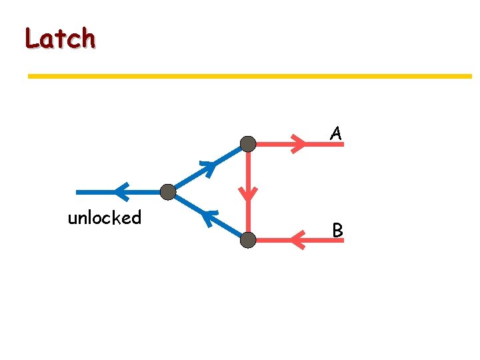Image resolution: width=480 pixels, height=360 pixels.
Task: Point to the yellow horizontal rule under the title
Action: (x=249, y=77)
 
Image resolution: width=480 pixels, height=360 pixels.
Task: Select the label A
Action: (x=337, y=134)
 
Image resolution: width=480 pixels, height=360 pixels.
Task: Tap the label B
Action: (x=337, y=231)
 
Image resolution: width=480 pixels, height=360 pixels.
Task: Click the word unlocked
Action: (x=105, y=218)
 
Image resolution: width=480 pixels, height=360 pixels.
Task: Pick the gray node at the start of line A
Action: (x=248, y=143)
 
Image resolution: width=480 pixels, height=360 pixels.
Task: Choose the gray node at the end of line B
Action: (x=248, y=241)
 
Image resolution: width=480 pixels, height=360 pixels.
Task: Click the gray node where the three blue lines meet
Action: (x=168, y=193)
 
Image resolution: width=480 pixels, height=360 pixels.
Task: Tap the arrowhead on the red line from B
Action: (x=299, y=240)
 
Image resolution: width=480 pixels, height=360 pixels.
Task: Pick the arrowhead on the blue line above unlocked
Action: (x=121, y=192)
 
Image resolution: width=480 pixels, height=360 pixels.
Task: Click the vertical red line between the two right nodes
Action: (x=248, y=173)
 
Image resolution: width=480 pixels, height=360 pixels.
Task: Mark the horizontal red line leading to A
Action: (x=273, y=143)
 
